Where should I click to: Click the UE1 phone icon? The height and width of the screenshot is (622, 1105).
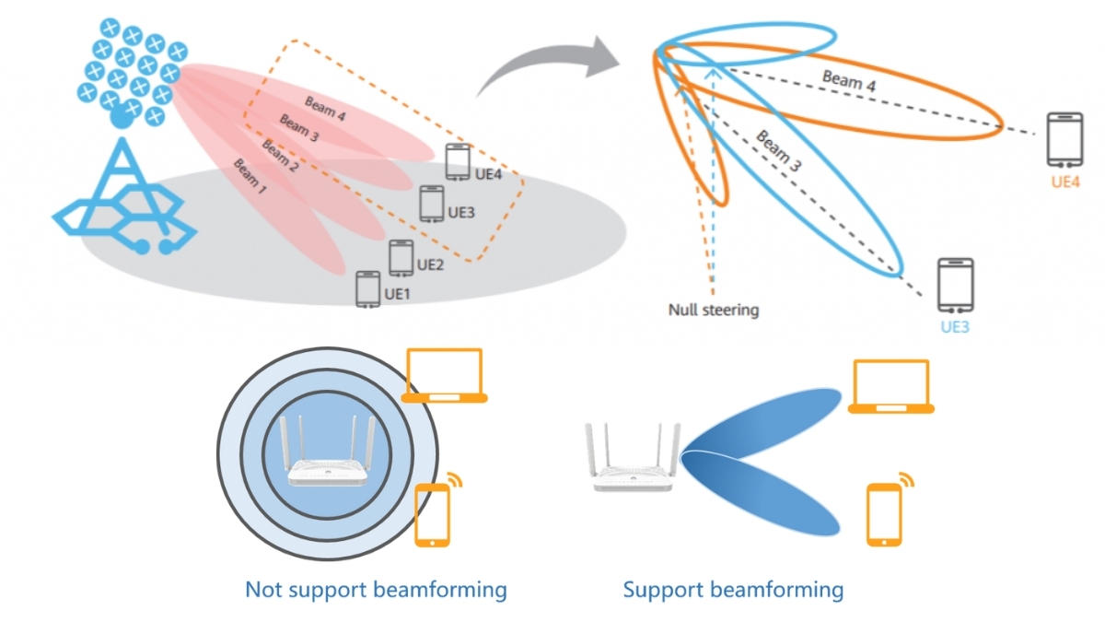click(368, 289)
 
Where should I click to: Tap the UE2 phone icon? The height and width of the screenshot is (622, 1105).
click(401, 258)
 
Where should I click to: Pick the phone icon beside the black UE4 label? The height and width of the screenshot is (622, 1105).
click(458, 162)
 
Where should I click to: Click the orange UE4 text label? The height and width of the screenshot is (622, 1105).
click(1064, 182)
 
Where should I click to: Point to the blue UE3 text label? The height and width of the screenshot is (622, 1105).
click(955, 327)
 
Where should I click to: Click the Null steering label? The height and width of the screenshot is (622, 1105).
click(714, 311)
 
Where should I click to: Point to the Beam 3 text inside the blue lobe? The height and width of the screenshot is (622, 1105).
click(779, 152)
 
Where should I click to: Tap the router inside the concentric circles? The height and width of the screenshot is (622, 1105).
click(328, 452)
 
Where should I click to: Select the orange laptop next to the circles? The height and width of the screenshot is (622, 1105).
click(445, 375)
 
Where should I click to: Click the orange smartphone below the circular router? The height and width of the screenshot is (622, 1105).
click(432, 516)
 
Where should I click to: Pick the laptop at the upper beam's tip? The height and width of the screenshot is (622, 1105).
click(891, 387)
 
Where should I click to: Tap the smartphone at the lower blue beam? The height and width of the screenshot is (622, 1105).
click(884, 516)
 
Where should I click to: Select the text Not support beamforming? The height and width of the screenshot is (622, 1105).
click(376, 589)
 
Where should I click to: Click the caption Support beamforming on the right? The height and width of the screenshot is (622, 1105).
click(733, 589)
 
